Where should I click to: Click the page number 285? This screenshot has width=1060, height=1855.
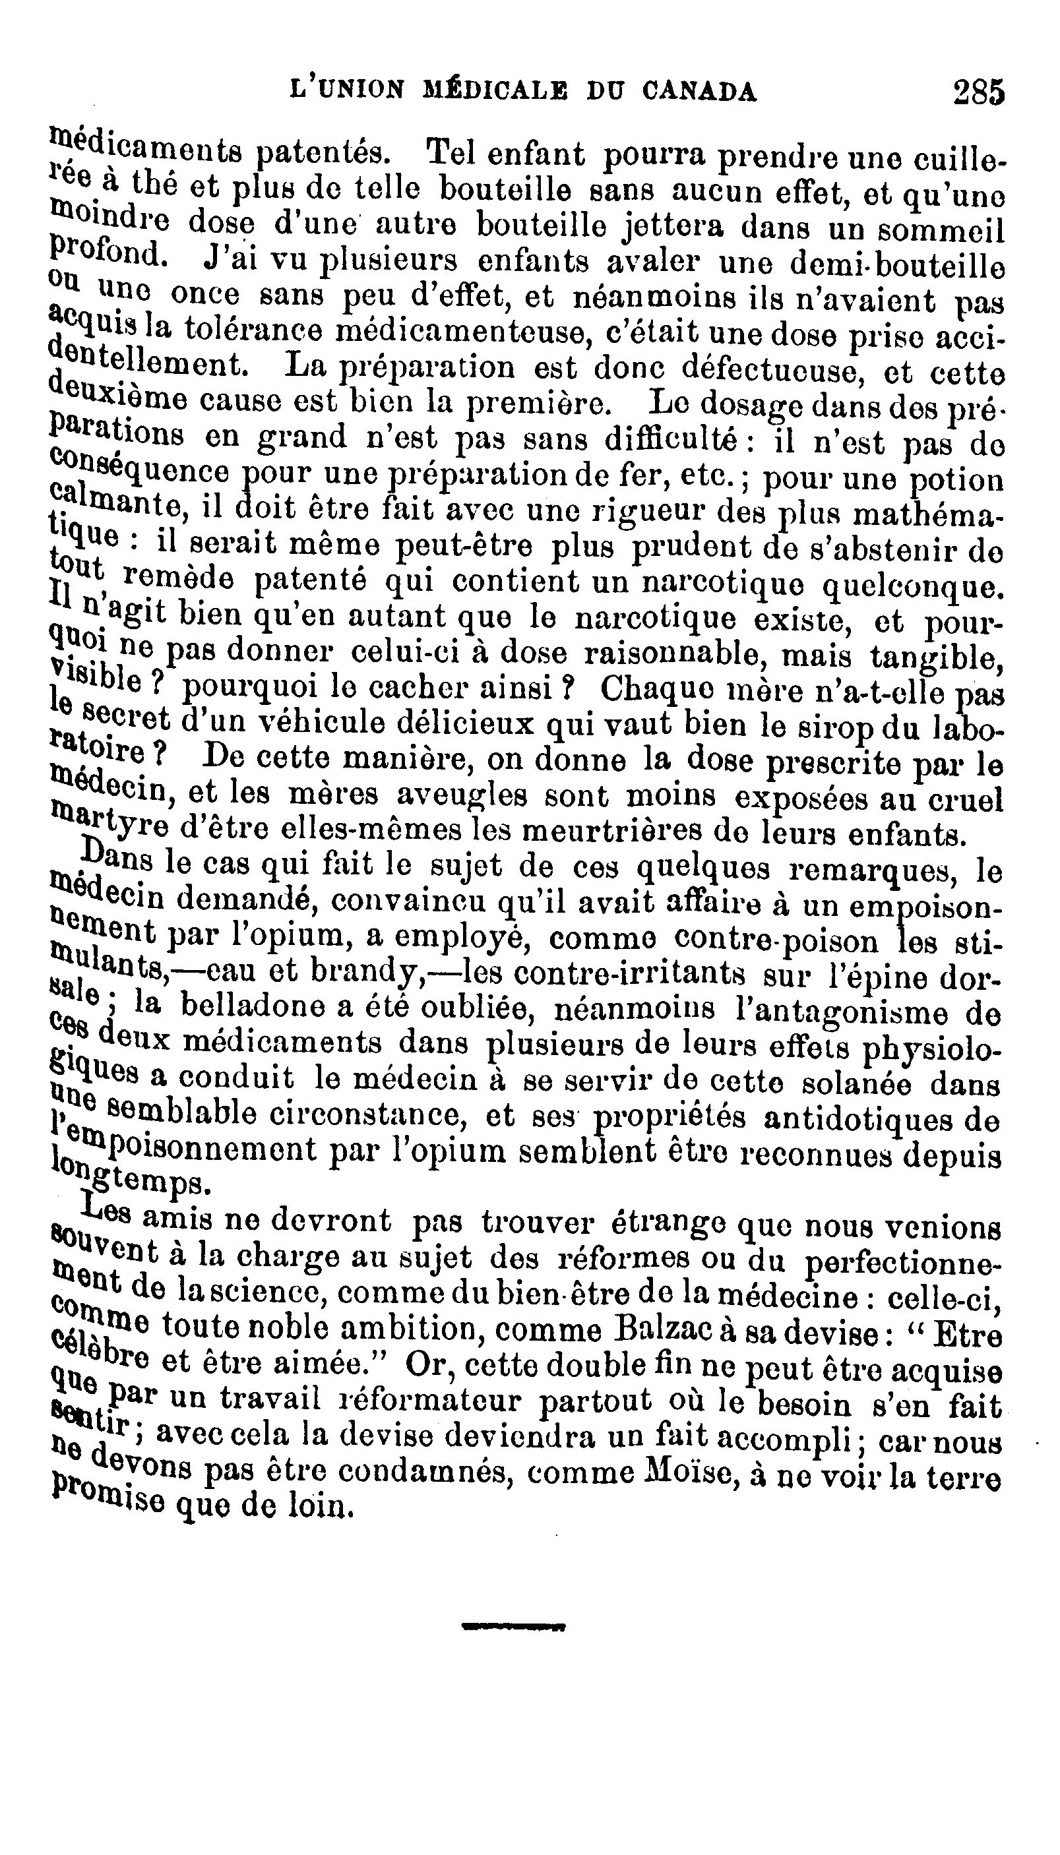pyautogui.click(x=978, y=94)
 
